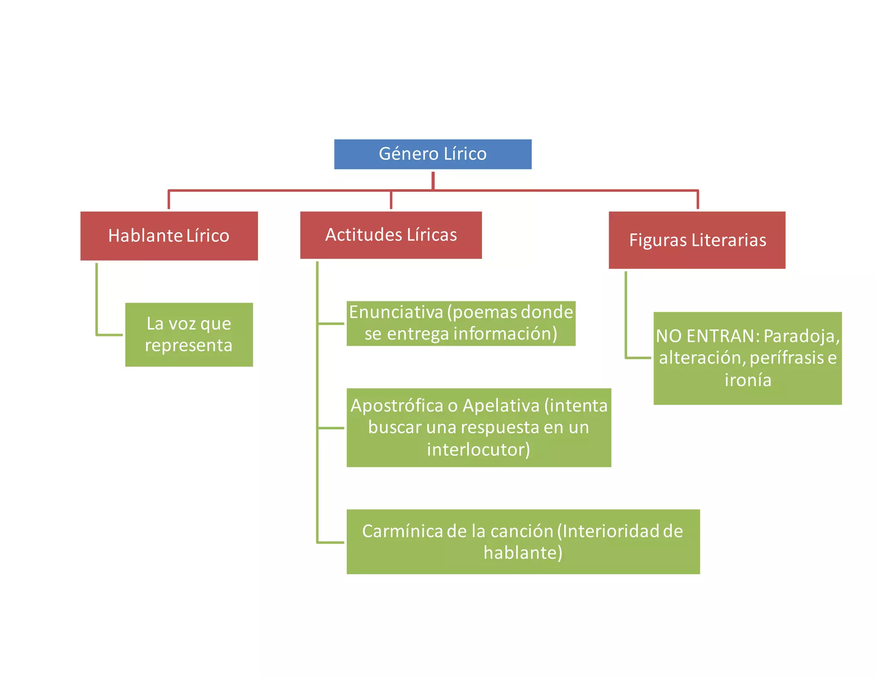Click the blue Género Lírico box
[x=432, y=154]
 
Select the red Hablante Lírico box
[x=169, y=236]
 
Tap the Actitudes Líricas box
[x=391, y=235]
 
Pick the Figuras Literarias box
[x=697, y=240]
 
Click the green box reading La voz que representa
[x=189, y=335]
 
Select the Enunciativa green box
[x=461, y=324]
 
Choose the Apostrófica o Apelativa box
[x=479, y=428]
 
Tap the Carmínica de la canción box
[x=523, y=542]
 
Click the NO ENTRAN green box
[x=747, y=358]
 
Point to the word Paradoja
[x=802, y=336]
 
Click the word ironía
[x=748, y=380]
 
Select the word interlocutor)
[x=479, y=449]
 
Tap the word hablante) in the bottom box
[x=523, y=553]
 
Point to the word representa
[x=189, y=345]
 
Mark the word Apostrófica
[x=397, y=406]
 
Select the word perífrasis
[x=787, y=358]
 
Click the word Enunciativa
[x=396, y=312]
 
